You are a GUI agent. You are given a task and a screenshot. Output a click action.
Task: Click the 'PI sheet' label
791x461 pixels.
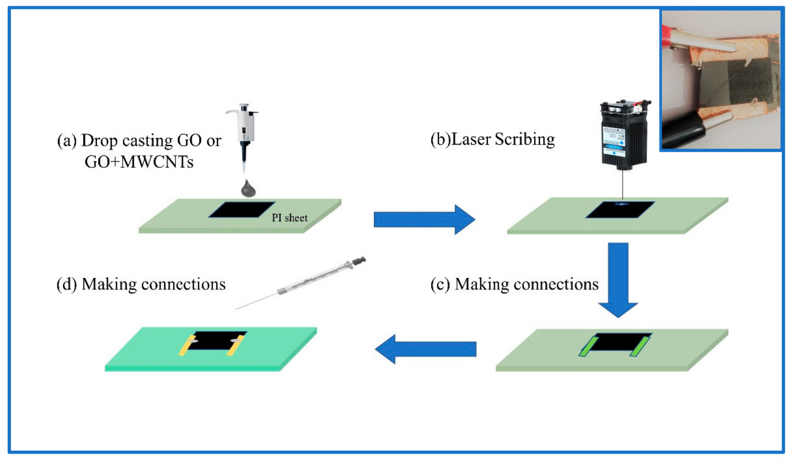click(289, 218)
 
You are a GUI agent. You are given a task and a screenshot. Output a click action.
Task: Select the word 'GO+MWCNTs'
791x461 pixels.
click(139, 162)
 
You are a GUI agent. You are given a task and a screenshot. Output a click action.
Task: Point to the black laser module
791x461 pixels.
click(624, 138)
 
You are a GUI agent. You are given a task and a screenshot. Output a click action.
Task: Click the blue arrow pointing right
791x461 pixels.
click(424, 220)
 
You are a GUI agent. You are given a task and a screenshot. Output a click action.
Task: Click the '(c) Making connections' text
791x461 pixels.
click(514, 284)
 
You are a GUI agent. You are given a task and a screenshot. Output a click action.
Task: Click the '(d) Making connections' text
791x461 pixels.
click(141, 284)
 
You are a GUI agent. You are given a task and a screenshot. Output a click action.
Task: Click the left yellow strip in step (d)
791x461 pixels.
click(187, 346)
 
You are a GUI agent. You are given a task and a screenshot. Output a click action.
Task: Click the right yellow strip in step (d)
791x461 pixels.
click(235, 346)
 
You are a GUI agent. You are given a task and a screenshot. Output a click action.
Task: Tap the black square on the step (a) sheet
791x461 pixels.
click(242, 210)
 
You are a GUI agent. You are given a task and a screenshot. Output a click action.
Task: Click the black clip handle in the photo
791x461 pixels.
click(681, 132)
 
